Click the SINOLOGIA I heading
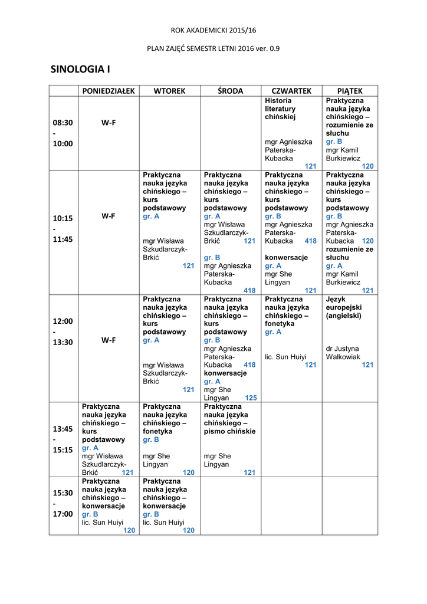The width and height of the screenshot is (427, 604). (x=81, y=70)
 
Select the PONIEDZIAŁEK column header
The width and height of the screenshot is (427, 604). (x=108, y=90)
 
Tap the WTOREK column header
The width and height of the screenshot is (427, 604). (x=169, y=90)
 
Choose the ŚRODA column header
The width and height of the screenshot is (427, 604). (x=230, y=90)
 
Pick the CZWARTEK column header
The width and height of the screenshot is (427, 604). (x=291, y=90)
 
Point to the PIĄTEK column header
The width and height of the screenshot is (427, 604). (x=350, y=90)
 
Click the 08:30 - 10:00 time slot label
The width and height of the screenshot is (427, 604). (x=63, y=133)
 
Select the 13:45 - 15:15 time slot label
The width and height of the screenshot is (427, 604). (x=63, y=439)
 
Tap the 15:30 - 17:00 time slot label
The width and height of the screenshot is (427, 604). (x=63, y=503)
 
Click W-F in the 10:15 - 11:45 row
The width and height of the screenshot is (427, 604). (x=108, y=216)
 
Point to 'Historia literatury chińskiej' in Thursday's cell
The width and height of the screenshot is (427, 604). (x=281, y=109)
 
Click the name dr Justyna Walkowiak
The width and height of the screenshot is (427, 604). (x=342, y=352)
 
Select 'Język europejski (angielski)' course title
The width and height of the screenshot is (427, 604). (x=344, y=307)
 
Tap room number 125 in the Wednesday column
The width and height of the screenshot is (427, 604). (x=251, y=398)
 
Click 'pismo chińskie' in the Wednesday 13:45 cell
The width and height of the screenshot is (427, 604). (x=230, y=431)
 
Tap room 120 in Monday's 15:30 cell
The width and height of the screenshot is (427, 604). (x=129, y=530)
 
